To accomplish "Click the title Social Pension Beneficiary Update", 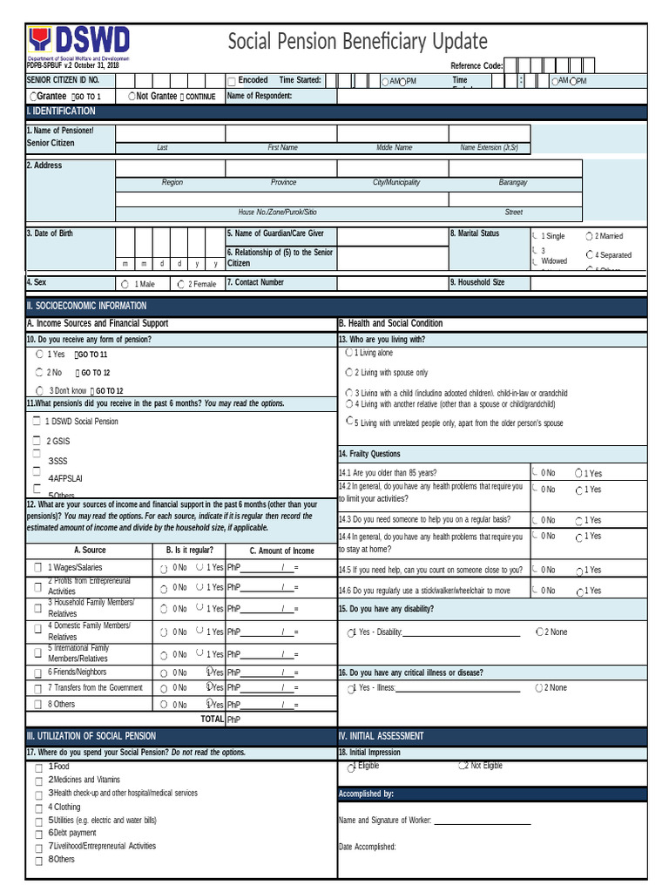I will click(x=357, y=42).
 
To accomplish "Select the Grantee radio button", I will click(x=33, y=97).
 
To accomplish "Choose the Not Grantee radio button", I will click(x=132, y=97).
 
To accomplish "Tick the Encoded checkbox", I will click(x=232, y=81).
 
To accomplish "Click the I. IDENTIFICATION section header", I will click(x=61, y=111).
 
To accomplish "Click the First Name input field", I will click(x=281, y=133).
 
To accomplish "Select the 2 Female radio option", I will click(x=180, y=284).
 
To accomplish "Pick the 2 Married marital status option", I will click(x=590, y=236).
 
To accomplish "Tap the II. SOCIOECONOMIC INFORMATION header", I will click(x=86, y=306).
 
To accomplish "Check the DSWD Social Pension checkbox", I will click(x=37, y=422).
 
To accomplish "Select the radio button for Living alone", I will click(x=349, y=353).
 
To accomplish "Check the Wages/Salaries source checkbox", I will click(x=37, y=567).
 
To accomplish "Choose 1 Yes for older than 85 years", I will click(x=579, y=473).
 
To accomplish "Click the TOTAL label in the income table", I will click(x=213, y=720).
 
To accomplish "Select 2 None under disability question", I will click(x=540, y=632).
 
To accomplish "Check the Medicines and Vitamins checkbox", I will click(x=38, y=780).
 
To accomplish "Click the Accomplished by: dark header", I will click(x=367, y=794).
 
